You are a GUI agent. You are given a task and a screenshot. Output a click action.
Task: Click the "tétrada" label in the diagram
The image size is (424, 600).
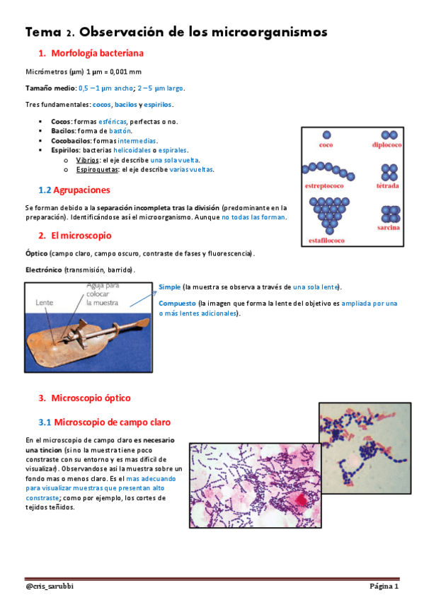click(x=389, y=186)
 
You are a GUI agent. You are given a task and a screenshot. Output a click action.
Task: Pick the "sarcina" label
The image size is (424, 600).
click(x=389, y=228)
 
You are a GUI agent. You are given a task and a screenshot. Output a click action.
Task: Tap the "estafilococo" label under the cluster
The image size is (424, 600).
click(x=326, y=241)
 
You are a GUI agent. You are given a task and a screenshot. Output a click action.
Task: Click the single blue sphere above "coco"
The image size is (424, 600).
click(x=326, y=134)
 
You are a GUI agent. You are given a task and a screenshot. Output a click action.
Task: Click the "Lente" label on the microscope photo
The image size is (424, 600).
click(x=45, y=302)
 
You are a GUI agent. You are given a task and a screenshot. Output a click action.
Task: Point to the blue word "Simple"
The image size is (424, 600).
click(x=169, y=287)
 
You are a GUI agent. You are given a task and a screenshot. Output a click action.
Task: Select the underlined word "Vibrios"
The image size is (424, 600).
click(x=88, y=160)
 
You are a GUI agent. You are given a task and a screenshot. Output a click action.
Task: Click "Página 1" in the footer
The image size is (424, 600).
click(x=384, y=587)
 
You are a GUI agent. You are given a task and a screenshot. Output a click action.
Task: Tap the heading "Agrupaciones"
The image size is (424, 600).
click(x=82, y=190)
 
